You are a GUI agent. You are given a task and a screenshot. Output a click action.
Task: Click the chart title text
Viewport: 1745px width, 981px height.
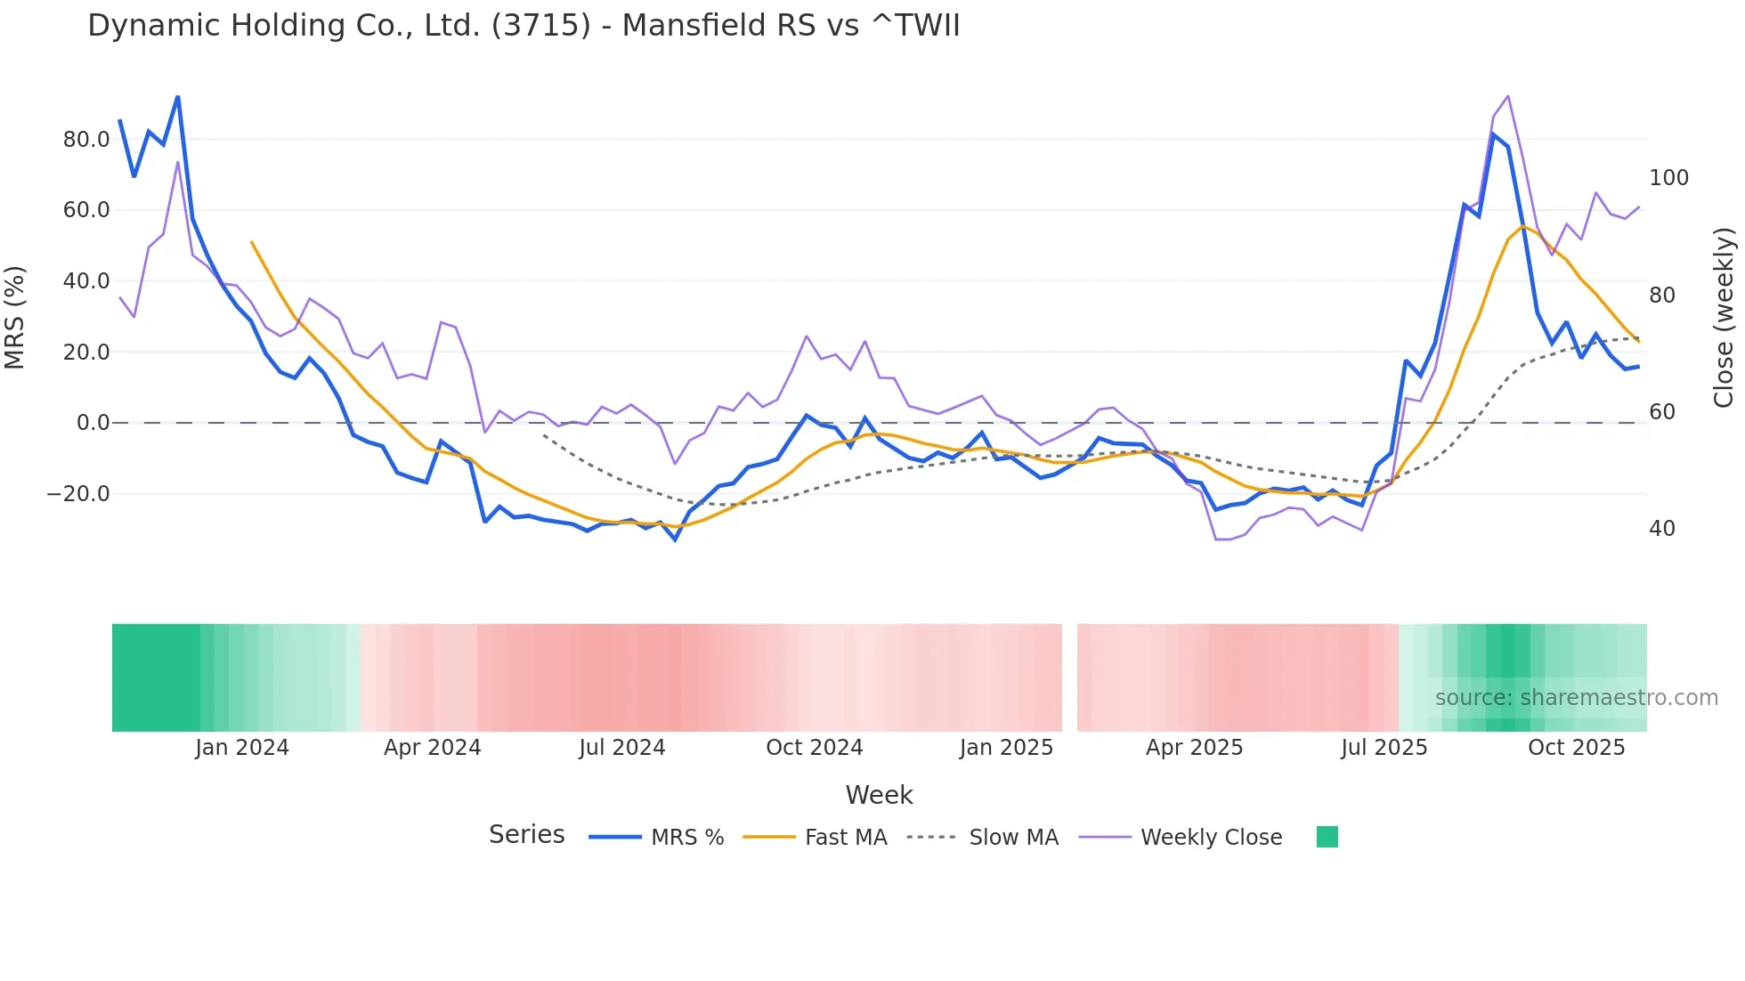523,25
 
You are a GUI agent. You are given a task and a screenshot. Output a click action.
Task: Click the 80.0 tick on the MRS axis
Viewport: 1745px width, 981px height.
86,140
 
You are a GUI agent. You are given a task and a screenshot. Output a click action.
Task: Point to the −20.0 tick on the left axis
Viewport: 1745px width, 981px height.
79,494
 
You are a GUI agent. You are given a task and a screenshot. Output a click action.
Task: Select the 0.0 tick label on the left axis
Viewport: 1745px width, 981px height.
93,423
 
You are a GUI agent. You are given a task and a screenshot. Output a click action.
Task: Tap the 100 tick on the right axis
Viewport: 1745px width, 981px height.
1668,178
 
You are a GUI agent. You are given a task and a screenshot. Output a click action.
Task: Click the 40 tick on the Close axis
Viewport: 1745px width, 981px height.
1661,529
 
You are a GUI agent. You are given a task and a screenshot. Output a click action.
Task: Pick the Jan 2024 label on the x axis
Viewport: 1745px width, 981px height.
242,748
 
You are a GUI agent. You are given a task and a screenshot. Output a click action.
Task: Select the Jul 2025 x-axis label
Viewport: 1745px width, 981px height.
1384,748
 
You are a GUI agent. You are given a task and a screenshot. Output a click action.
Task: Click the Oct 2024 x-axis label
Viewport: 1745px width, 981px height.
814,748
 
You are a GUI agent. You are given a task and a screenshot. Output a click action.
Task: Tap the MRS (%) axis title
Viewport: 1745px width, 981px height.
15,317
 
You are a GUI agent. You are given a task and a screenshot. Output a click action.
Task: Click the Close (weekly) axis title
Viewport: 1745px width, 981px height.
1724,317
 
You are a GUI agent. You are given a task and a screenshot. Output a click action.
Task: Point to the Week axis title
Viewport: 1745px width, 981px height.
879,795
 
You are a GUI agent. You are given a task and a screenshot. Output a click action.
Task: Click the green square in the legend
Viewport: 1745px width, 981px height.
1327,837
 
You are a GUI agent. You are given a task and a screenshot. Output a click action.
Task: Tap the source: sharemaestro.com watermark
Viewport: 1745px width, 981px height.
1576,698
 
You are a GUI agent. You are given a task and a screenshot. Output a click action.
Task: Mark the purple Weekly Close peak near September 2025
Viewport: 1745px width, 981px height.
1507,96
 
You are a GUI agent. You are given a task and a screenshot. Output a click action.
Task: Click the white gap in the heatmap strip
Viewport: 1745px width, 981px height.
1069,677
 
